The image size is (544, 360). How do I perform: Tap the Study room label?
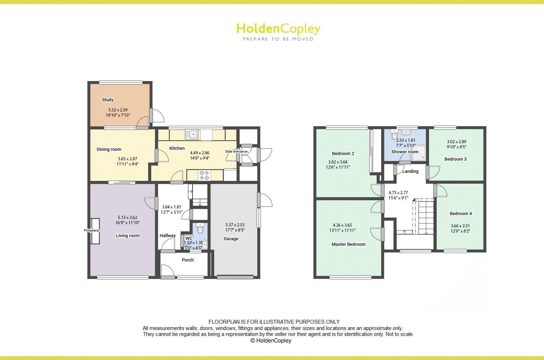[108, 100]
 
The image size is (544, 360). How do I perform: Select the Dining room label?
[109, 149]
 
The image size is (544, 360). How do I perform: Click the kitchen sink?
[192, 134]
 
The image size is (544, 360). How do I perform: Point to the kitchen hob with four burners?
[205, 175]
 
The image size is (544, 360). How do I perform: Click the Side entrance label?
[236, 152]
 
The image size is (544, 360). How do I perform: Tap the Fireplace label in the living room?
[92, 230]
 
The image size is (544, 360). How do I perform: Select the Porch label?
[188, 260]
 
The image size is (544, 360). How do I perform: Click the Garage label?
[231, 239]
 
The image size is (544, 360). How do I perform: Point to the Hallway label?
[168, 236]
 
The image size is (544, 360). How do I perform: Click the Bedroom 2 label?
[343, 154]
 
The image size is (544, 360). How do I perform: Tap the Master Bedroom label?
[348, 244]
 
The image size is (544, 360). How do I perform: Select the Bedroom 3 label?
[455, 159]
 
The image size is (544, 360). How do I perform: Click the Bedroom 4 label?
[461, 214]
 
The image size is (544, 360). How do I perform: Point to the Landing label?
[410, 171]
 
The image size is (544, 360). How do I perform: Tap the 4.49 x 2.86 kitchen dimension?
[200, 153]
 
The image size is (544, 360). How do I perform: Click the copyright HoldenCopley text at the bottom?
[271, 341]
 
